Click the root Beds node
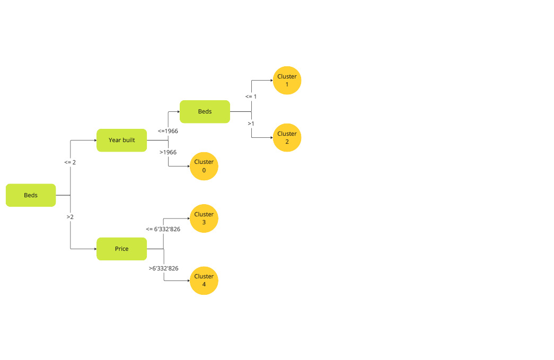(31, 195)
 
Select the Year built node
(121, 140)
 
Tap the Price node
(121, 249)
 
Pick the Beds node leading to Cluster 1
(205, 111)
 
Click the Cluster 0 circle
(204, 166)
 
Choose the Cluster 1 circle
(287, 81)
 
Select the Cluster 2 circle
(287, 138)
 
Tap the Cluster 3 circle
(204, 218)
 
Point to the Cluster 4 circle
(204, 280)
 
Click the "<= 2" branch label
(70, 162)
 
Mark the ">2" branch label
(70, 217)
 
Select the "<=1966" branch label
(168, 130)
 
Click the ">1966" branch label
(168, 152)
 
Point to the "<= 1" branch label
(251, 96)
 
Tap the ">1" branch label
(251, 124)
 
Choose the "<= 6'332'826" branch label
(163, 229)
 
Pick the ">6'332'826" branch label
(163, 268)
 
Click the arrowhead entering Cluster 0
(188, 166)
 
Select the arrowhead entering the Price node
(94, 249)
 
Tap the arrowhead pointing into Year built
(94, 141)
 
